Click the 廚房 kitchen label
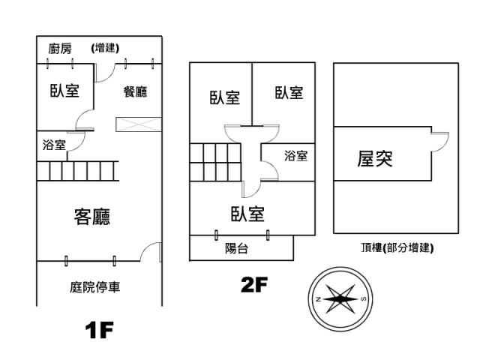(60, 49)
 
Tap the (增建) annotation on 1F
(105, 48)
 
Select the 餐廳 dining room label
(135, 91)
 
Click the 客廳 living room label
(92, 217)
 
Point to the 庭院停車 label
(95, 286)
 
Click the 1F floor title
(99, 330)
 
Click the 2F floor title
(254, 284)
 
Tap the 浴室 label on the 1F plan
(54, 145)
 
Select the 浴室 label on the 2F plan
(295, 156)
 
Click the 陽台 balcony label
(236, 248)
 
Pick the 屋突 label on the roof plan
(375, 158)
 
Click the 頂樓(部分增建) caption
(397, 247)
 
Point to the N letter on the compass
(318, 299)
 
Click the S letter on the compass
(363, 299)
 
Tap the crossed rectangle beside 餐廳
(139, 124)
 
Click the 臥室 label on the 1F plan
(64, 91)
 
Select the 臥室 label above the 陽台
(247, 214)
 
